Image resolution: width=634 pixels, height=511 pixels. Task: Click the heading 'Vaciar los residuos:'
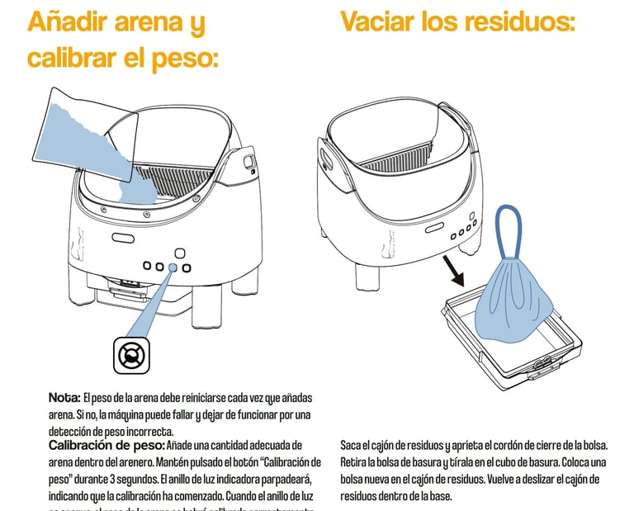click(x=457, y=21)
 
